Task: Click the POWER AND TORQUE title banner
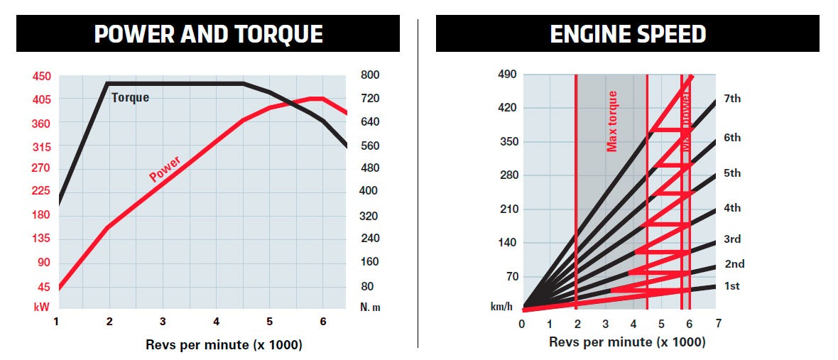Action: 208,34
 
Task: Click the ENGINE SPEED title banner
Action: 628,34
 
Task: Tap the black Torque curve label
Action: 131,98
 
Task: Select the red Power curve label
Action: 165,168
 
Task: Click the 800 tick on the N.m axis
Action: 371,75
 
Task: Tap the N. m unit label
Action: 371,307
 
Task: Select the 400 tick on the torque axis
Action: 371,191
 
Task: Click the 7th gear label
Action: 732,99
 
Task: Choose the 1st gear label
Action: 731,286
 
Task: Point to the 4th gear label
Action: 732,208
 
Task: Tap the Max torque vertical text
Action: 612,121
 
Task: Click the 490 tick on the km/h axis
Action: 508,75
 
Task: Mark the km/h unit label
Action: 502,307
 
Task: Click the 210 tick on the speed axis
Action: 508,209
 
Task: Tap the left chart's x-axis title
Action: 209,345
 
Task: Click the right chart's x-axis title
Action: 627,342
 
